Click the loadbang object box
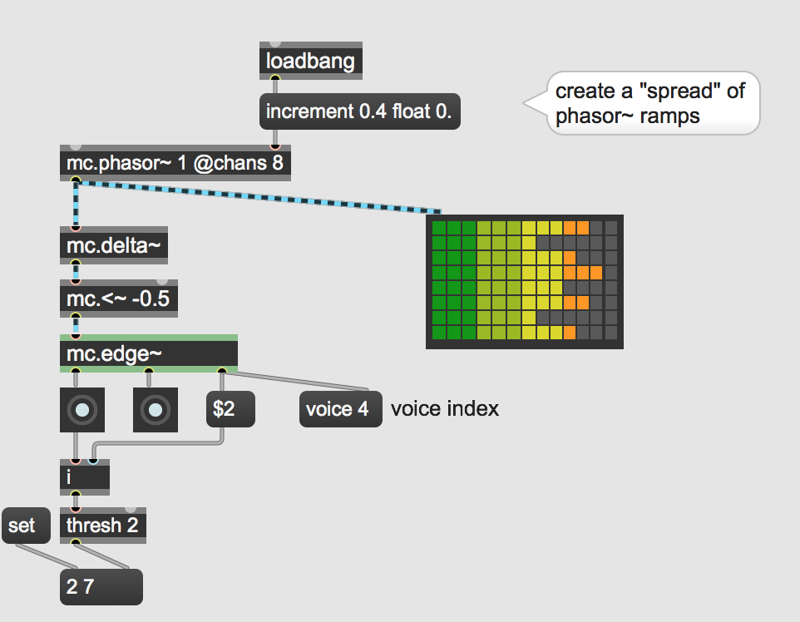coord(311,61)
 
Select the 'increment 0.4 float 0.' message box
coord(360,111)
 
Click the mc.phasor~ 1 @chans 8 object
coord(175,163)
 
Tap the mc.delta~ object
coord(114,245)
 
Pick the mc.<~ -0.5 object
coord(119,299)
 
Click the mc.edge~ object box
coord(149,353)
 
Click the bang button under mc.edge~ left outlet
coord(82,410)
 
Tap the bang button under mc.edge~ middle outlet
coord(156,410)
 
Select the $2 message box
coord(230,409)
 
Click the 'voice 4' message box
coord(341,409)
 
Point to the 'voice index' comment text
coord(445,409)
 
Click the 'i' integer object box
coord(85,477)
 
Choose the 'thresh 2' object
coord(103,525)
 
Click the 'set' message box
coord(26,526)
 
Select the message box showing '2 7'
coord(101,587)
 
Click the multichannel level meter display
coord(525,282)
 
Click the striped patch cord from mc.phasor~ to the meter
coord(258,196)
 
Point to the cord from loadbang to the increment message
coord(275,86)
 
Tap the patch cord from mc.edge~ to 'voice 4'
coord(295,381)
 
